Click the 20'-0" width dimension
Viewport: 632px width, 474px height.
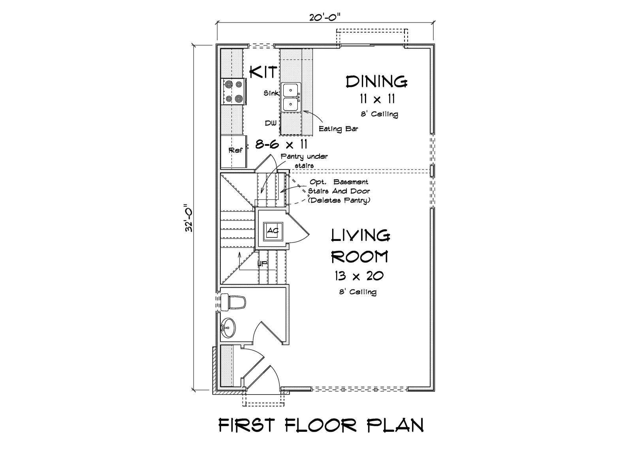[325, 17]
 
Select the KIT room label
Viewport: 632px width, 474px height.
[263, 72]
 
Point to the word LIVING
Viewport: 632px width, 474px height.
[361, 235]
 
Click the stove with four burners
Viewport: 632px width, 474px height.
[233, 92]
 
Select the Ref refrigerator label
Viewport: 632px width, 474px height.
[235, 150]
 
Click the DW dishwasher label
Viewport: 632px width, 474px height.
[271, 123]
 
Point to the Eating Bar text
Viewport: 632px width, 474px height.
[338, 129]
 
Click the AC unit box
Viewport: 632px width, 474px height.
[273, 231]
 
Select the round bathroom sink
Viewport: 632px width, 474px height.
[228, 328]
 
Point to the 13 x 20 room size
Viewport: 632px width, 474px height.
[359, 276]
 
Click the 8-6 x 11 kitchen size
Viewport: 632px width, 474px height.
[281, 144]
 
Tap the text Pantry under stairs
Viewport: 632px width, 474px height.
[304, 161]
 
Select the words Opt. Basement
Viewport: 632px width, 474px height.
[339, 182]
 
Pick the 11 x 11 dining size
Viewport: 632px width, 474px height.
[377, 99]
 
